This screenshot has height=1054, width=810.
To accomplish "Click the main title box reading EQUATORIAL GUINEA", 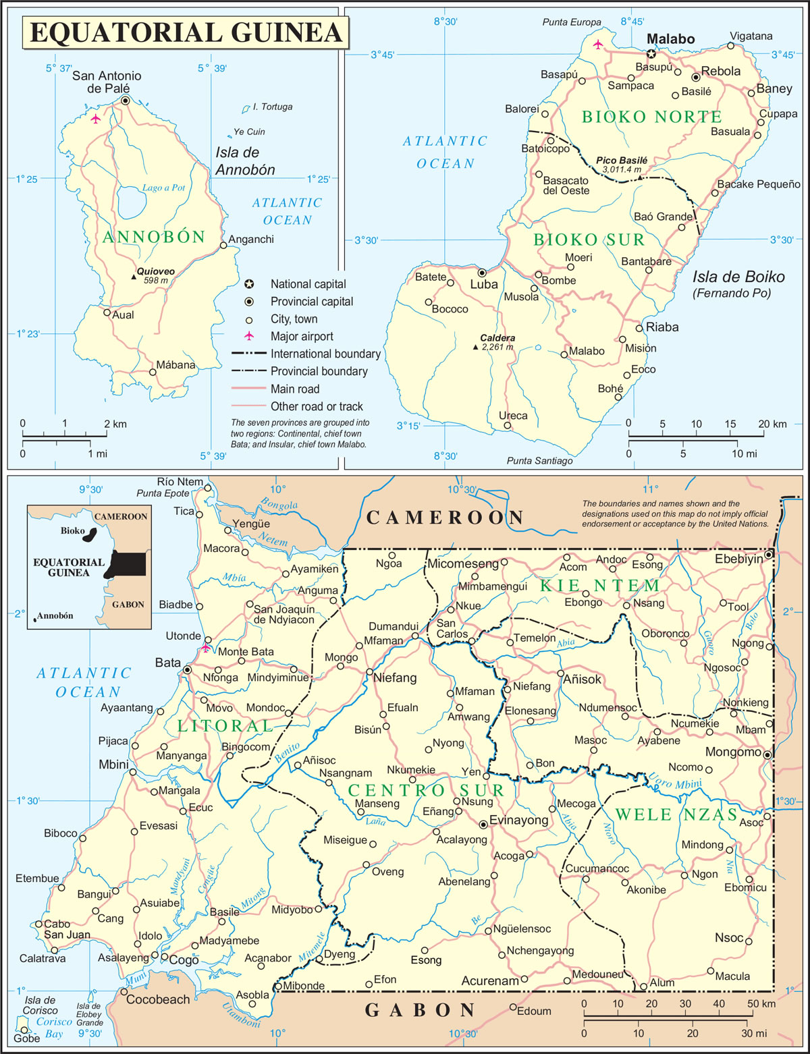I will [x=186, y=32].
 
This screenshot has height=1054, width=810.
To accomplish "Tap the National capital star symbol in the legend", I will [x=249, y=284].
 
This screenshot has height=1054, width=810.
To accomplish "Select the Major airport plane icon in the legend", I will [x=249, y=336].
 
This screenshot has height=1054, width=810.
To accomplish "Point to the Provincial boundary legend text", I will [x=319, y=371].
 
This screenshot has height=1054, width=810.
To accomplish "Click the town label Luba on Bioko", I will [x=483, y=285].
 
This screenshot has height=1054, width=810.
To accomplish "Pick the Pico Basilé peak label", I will [x=621, y=161].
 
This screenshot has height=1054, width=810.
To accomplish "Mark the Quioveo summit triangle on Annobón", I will [x=134, y=277].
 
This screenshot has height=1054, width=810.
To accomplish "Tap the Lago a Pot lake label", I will [x=163, y=188].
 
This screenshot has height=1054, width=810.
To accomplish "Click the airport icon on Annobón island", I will [x=96, y=119].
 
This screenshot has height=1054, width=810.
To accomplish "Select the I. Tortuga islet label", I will [x=272, y=107].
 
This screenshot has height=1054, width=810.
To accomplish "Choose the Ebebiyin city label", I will [x=738, y=559].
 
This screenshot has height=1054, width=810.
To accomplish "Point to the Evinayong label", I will [x=518, y=820].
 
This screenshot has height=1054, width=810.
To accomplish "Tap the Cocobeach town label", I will [x=158, y=999].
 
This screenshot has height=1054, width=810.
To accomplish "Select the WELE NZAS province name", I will [x=676, y=814].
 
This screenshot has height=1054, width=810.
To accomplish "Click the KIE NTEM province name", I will [x=599, y=585].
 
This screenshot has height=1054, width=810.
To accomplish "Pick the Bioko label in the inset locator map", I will [x=72, y=530].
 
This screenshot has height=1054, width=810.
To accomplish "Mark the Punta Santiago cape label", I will [x=539, y=460].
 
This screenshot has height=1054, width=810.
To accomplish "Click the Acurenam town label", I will [x=490, y=980].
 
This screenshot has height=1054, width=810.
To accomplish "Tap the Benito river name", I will [x=287, y=752].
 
